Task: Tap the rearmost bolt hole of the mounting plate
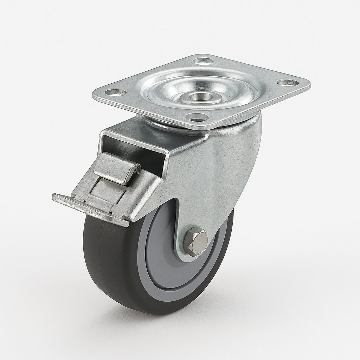204,61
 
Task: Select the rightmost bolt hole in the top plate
287,83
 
